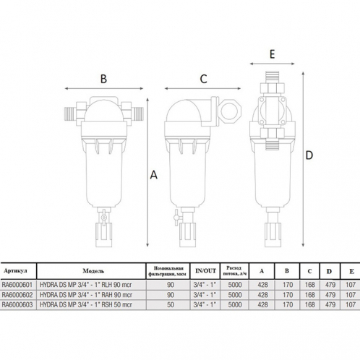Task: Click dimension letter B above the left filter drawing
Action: (103, 78)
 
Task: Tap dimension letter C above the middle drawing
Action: (204, 78)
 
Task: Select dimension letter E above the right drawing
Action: (273, 54)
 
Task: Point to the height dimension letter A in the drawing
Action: (153, 173)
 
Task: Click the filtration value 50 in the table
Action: (171, 305)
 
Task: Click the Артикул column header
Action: (16, 270)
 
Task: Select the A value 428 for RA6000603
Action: (262, 305)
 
